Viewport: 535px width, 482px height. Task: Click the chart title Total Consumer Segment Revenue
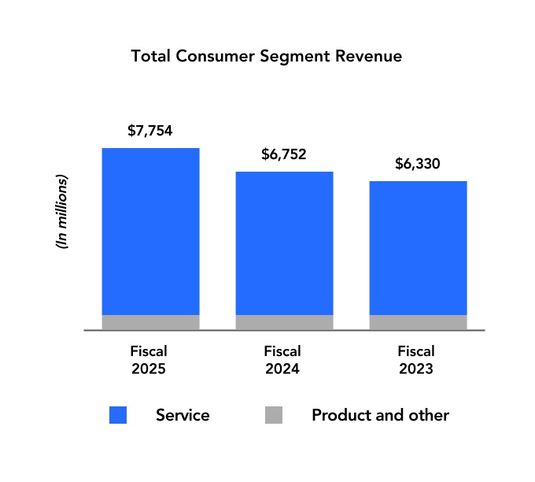click(267, 57)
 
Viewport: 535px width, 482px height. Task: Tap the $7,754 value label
click(149, 131)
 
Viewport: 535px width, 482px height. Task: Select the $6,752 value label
click(283, 154)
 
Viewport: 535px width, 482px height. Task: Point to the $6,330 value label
click(417, 164)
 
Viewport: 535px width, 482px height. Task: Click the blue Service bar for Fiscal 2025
click(150, 231)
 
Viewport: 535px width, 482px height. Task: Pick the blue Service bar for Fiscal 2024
click(284, 243)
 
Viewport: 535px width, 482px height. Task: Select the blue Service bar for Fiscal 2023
click(418, 247)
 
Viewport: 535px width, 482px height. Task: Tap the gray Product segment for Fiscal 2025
click(150, 322)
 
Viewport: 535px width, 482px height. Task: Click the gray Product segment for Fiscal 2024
click(284, 322)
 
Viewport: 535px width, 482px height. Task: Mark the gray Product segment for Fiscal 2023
click(418, 322)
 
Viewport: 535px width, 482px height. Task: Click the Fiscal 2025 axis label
click(149, 359)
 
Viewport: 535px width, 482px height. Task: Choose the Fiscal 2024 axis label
click(283, 359)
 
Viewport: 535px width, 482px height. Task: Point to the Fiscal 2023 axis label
click(417, 359)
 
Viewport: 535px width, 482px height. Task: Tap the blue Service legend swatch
click(118, 415)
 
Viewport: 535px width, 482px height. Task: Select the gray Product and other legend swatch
click(273, 415)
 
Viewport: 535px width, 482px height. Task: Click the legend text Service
click(183, 415)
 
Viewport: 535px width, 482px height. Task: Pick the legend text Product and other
click(380, 415)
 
